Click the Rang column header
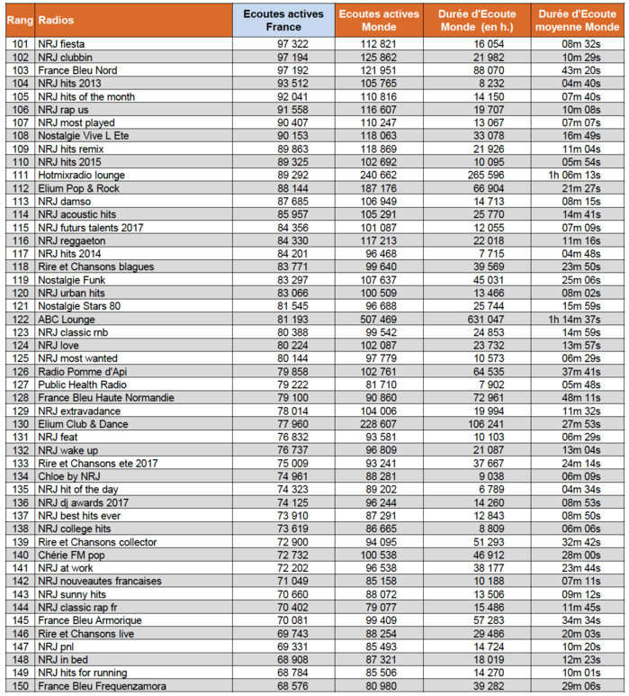(x=19, y=19)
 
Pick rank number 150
(x=20, y=686)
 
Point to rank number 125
(x=20, y=357)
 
